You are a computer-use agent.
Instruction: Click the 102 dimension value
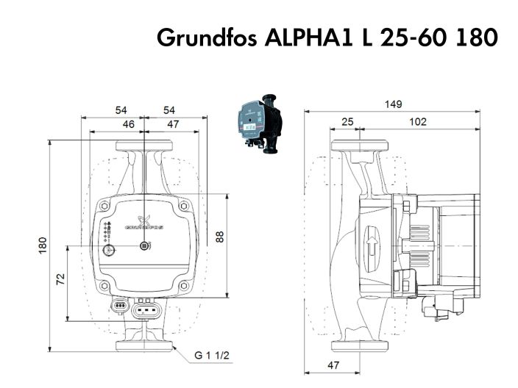click(x=417, y=122)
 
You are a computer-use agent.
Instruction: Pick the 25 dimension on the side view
click(x=347, y=122)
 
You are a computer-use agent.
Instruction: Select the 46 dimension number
click(x=127, y=124)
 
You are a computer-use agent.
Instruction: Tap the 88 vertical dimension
click(x=221, y=237)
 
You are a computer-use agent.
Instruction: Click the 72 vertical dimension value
click(x=61, y=279)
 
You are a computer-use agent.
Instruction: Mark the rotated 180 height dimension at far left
click(x=43, y=244)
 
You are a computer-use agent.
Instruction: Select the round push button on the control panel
click(x=110, y=250)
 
